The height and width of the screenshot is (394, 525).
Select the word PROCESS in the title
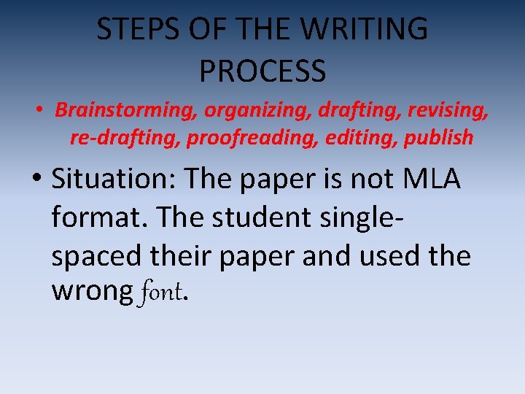(262, 71)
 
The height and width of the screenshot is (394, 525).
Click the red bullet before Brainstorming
(41, 110)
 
